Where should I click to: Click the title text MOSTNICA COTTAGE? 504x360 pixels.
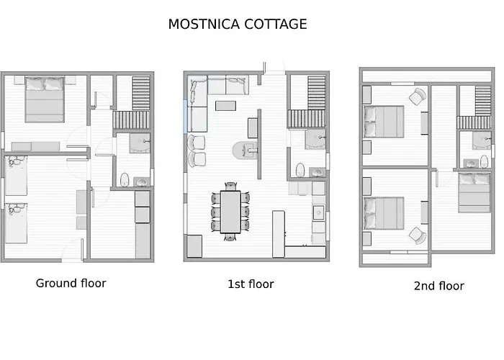238,24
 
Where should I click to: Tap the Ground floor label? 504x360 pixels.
71,283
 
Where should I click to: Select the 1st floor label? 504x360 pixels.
251,284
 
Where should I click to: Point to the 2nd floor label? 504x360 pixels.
438,286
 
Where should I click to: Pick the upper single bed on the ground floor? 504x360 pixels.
16,176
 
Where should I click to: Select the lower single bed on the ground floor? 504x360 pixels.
16,223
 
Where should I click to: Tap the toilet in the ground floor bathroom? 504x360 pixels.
125,179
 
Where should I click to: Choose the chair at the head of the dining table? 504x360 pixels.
230,236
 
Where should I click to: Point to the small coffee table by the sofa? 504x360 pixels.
225,106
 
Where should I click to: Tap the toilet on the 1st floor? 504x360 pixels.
300,171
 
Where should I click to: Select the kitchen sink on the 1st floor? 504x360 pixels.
318,212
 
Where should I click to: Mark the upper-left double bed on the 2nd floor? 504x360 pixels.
383,121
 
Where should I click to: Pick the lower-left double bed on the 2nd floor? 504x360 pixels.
383,214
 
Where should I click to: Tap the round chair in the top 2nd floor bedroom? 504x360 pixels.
417,96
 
